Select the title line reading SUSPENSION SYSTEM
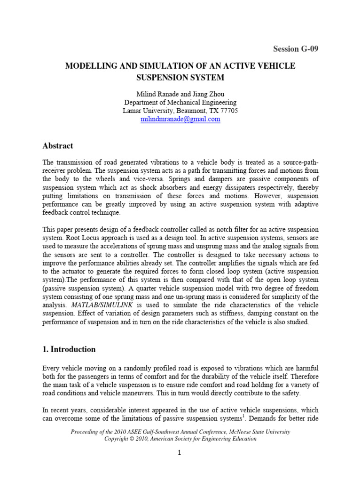point(180,77)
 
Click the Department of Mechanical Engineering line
point(180,102)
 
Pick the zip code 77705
point(229,111)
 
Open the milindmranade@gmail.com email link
point(180,119)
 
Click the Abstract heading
point(57,146)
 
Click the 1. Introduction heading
point(69,349)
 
